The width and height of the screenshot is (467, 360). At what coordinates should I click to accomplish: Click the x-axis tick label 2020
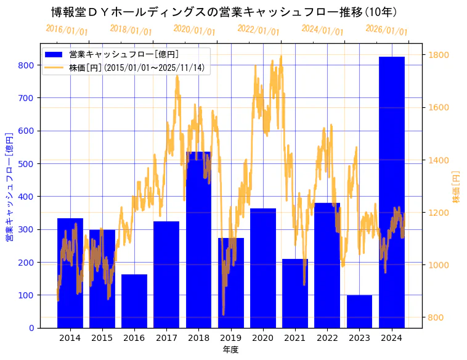coord(262,338)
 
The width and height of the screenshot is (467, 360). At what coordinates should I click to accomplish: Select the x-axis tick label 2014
coord(70,338)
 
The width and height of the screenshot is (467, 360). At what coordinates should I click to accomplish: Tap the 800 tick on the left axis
coord(26,65)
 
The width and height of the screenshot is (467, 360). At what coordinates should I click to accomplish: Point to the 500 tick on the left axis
coord(26,163)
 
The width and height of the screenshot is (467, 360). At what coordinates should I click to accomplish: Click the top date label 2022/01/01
coord(258,30)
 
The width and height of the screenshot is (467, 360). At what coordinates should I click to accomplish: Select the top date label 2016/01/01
coord(67,30)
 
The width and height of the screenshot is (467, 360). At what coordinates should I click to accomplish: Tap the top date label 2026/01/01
coord(386,30)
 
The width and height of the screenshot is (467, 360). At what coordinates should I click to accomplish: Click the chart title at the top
coord(224,12)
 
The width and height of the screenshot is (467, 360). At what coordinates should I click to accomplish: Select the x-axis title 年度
coord(230,350)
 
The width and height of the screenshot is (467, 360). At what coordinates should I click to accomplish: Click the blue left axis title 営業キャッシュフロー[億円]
coord(9,187)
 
